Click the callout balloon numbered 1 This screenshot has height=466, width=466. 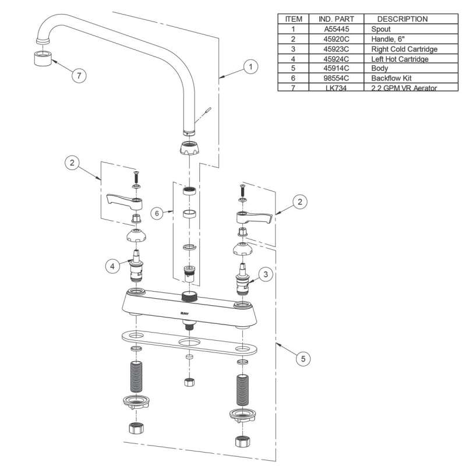(250, 68)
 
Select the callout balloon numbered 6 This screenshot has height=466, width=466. (156, 213)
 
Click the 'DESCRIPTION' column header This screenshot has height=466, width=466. (402, 19)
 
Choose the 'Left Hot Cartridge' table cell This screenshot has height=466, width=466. (399, 58)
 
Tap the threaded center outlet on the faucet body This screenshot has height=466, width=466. (188, 295)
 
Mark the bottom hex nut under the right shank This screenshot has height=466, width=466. (241, 442)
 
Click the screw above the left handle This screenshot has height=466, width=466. (135, 174)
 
